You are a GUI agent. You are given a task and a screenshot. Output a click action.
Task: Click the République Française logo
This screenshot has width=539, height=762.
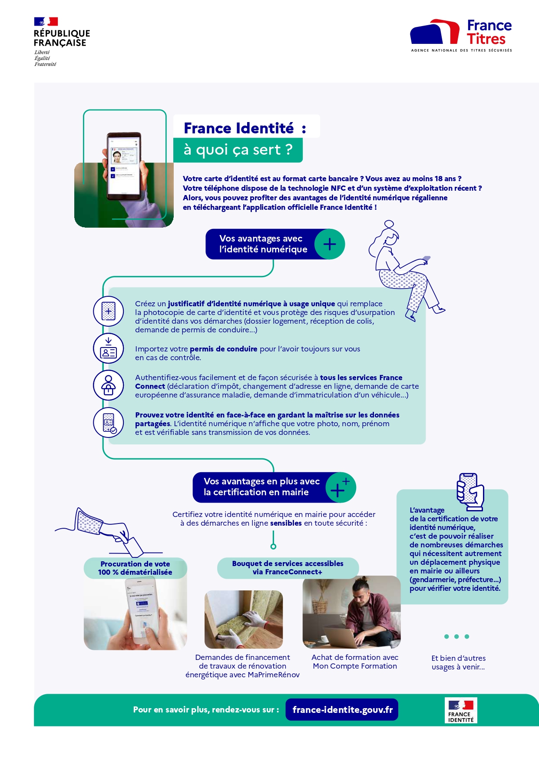[x=61, y=41]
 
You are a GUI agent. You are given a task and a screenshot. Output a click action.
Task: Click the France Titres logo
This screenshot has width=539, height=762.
[x=461, y=35]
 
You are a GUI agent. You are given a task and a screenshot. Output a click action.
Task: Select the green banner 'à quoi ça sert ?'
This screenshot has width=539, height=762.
[x=238, y=150]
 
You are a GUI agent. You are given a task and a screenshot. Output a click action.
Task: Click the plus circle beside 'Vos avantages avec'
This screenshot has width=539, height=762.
[x=330, y=244]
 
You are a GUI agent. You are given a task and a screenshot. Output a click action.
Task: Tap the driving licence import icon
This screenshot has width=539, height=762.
[x=108, y=348]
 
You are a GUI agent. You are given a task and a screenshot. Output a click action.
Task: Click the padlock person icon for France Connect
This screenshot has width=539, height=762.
[x=108, y=385]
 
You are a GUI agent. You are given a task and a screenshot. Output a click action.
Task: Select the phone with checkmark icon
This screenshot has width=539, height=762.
[x=109, y=422]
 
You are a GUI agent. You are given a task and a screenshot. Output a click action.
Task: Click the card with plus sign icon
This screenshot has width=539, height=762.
[x=108, y=311]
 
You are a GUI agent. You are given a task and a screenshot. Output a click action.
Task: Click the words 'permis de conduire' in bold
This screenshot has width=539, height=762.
[x=223, y=349]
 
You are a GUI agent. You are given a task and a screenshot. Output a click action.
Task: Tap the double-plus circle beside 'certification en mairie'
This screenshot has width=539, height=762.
[x=340, y=487]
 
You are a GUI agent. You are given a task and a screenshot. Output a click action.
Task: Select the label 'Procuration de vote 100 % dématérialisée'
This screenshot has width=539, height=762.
[x=135, y=568]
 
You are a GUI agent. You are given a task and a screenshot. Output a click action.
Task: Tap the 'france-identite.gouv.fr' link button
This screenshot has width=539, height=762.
[x=342, y=709]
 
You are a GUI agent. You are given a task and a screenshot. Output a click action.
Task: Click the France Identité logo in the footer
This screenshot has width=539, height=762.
[x=461, y=710]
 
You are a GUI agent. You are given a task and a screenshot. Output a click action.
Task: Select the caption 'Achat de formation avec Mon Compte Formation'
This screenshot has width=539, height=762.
[x=355, y=662]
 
